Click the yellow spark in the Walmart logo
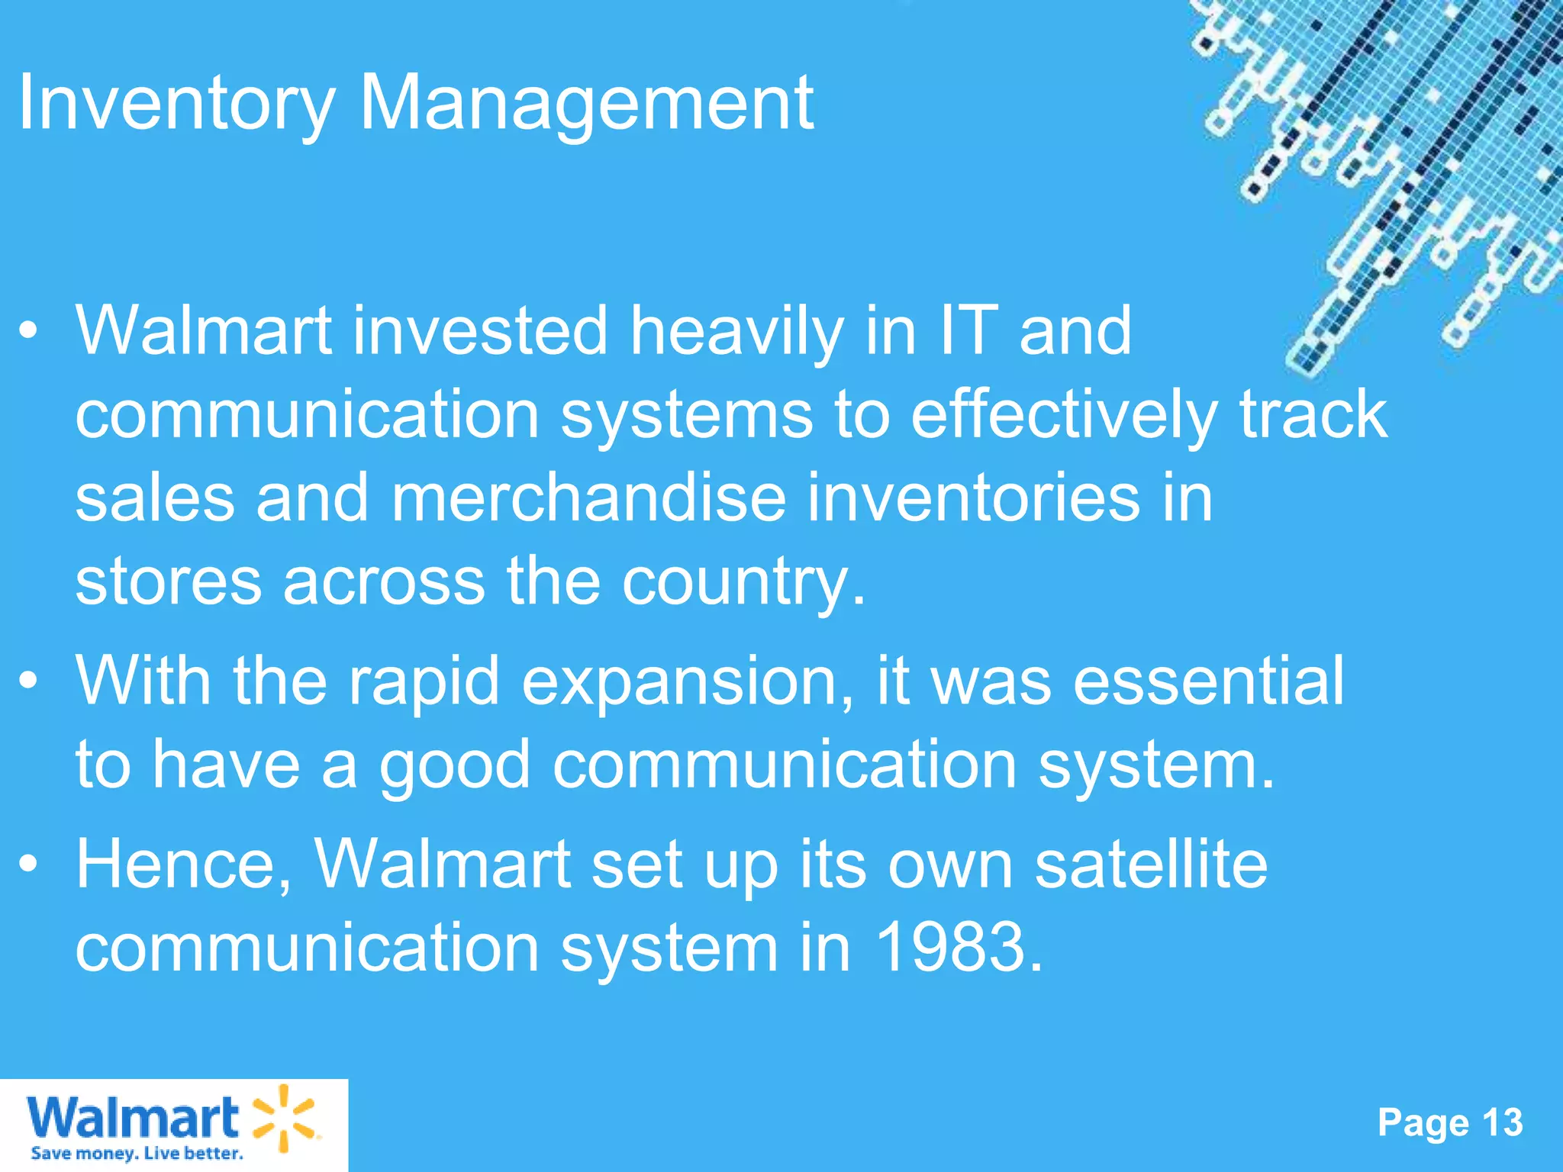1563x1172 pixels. coord(283,1117)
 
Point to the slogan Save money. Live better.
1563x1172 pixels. coord(137,1153)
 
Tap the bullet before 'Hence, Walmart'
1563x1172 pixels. coord(28,864)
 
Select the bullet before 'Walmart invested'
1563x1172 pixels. coord(28,330)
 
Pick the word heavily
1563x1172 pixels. coord(736,332)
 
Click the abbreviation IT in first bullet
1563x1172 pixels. coord(968,330)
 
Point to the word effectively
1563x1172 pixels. coord(1064,416)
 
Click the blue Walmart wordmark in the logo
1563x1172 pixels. coord(134,1118)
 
